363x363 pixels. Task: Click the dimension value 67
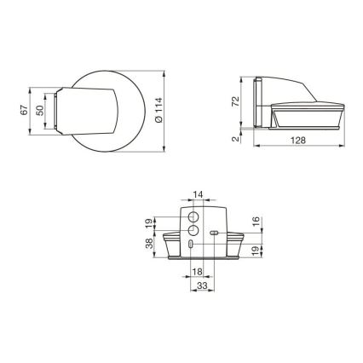[x=24, y=110]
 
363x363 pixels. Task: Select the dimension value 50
[x=38, y=110]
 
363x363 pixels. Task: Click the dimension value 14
[x=197, y=195]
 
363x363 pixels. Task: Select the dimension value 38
[x=149, y=244]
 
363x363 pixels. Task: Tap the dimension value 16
[x=256, y=223]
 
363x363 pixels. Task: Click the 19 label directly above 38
[x=149, y=222]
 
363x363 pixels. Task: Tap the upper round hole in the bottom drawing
[x=193, y=216]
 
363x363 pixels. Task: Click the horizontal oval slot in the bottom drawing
[x=213, y=232]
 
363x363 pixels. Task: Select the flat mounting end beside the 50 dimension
[x=54, y=110]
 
